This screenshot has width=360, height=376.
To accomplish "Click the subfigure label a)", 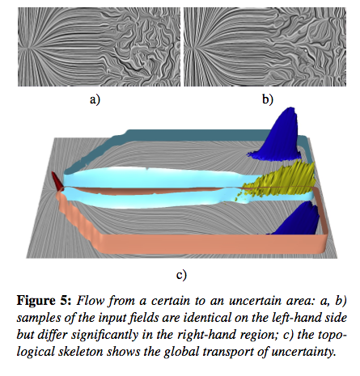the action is [x=95, y=99].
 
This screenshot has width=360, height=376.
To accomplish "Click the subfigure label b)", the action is [x=268, y=99].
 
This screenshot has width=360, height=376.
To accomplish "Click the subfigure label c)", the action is [x=181, y=275].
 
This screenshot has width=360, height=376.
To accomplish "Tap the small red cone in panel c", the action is [x=57, y=181].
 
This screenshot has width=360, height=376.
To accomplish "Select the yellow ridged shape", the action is [x=281, y=180].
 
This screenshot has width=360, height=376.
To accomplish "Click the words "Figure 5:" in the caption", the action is [x=44, y=301].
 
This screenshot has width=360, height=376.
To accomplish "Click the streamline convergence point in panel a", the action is [x=28, y=49].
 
